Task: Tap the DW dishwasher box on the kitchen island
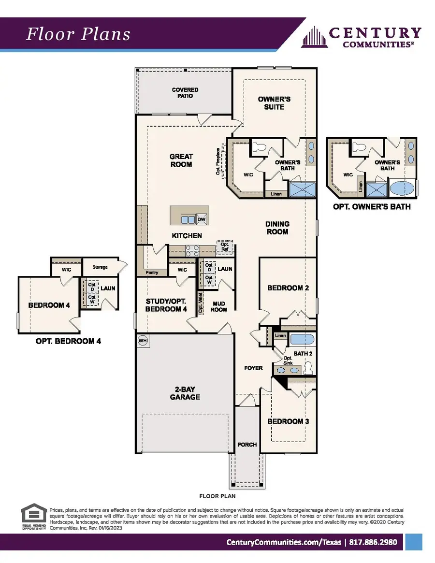click(201, 219)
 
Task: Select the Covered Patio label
click(185, 93)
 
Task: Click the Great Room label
click(181, 160)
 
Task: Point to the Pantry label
click(152, 273)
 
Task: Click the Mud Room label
click(218, 306)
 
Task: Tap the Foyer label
click(253, 368)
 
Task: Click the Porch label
click(247, 445)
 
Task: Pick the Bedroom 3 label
click(288, 421)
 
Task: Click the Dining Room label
click(277, 228)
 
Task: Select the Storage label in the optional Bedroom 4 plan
click(100, 267)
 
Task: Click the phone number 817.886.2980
click(375, 542)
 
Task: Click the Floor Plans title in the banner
click(78, 34)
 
